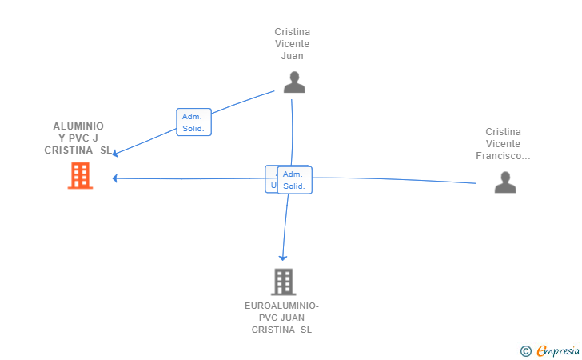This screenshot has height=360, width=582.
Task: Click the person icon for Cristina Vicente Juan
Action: pos(294,82)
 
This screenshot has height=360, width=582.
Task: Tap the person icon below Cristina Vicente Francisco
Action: pos(504,182)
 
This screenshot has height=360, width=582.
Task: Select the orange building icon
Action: pos(80,175)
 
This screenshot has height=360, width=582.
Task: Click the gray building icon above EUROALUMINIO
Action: pos(283,282)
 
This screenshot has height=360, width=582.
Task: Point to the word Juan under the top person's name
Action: pos(292,56)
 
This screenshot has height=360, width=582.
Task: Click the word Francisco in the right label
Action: pos(502,156)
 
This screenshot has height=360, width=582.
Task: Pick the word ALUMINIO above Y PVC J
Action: pos(78,126)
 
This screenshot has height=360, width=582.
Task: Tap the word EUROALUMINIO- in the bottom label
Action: pos(281,306)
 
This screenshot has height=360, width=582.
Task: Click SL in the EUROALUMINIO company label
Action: pos(305,330)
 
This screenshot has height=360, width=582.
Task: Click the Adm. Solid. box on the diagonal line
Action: pos(193,122)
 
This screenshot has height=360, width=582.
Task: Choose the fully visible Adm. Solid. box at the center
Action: pos(294,180)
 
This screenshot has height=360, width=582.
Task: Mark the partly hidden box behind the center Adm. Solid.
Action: pos(271,179)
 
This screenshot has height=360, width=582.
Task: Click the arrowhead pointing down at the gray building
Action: pos(282,258)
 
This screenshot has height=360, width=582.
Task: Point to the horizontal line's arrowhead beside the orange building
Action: pos(116,178)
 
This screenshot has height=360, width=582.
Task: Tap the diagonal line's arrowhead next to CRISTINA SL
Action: pos(116,154)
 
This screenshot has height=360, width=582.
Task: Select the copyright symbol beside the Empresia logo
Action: pos(525,350)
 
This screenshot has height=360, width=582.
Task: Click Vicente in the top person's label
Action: pos(292,44)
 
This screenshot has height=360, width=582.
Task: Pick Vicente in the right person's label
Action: pos(503,144)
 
